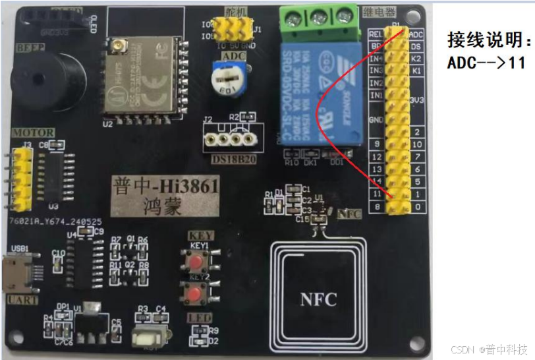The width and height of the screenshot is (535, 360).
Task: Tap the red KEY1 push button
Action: pos(196,263)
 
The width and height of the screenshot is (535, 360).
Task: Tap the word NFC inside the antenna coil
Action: pos(319,299)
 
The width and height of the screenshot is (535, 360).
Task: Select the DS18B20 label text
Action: pos(229,159)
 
